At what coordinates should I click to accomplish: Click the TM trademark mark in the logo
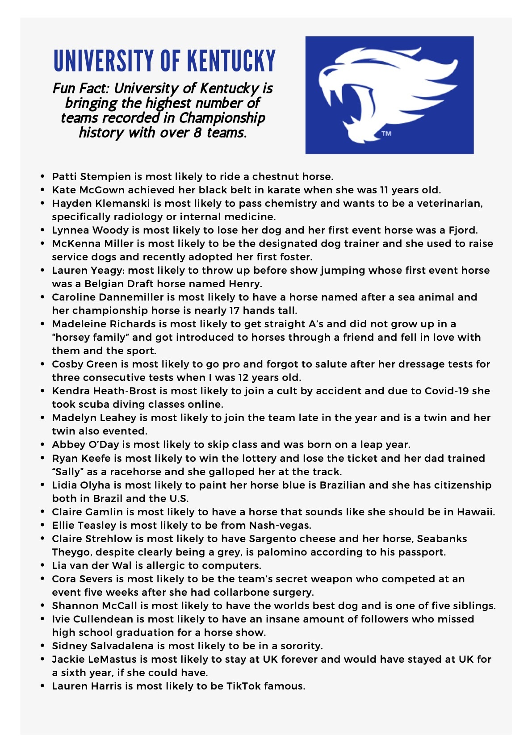pos(386,134)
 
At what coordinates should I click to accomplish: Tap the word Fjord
pos(462,230)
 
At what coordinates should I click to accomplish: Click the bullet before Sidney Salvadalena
pos(42,646)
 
